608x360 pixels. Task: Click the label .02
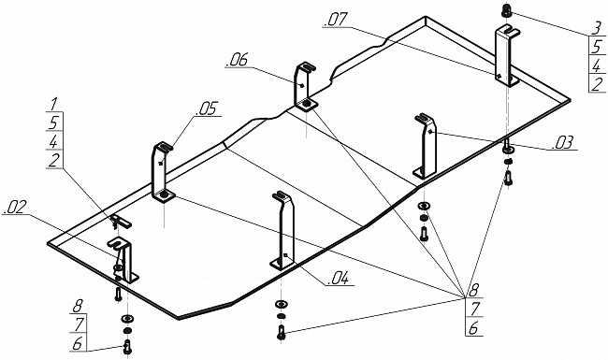(14, 209)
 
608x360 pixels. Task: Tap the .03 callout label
(562, 143)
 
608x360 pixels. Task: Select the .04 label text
(338, 279)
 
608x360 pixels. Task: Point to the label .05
(208, 108)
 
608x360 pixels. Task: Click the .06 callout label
(238, 60)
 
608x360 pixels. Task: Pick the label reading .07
(336, 20)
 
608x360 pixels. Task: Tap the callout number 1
(54, 104)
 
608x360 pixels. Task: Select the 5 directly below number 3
(597, 47)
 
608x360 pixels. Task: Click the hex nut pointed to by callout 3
(506, 10)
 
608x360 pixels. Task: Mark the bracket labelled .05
(163, 172)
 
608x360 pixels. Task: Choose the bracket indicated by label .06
(305, 86)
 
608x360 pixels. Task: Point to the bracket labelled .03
(426, 146)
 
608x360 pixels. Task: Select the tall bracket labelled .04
(283, 231)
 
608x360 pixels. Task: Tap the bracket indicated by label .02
(123, 261)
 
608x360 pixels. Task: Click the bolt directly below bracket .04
(282, 333)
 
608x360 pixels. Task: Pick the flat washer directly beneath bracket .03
(425, 206)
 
